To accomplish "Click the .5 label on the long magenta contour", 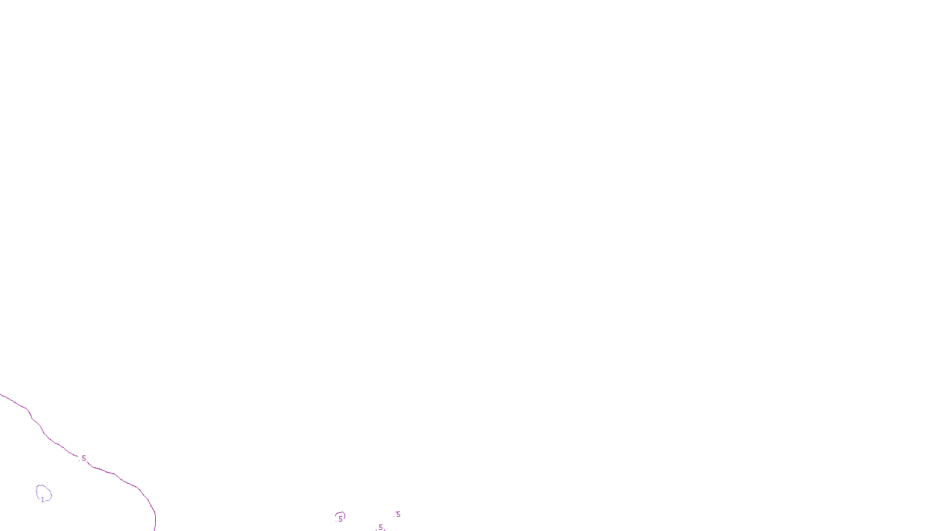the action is (x=83, y=458).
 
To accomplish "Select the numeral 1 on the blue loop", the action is (x=42, y=500).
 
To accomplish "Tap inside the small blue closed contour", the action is (x=44, y=492).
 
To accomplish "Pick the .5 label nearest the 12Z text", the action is (x=397, y=514).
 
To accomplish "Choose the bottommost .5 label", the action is (x=380, y=527).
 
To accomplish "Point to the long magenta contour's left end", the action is (x=1, y=395).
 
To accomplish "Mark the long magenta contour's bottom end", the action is (x=155, y=529).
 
